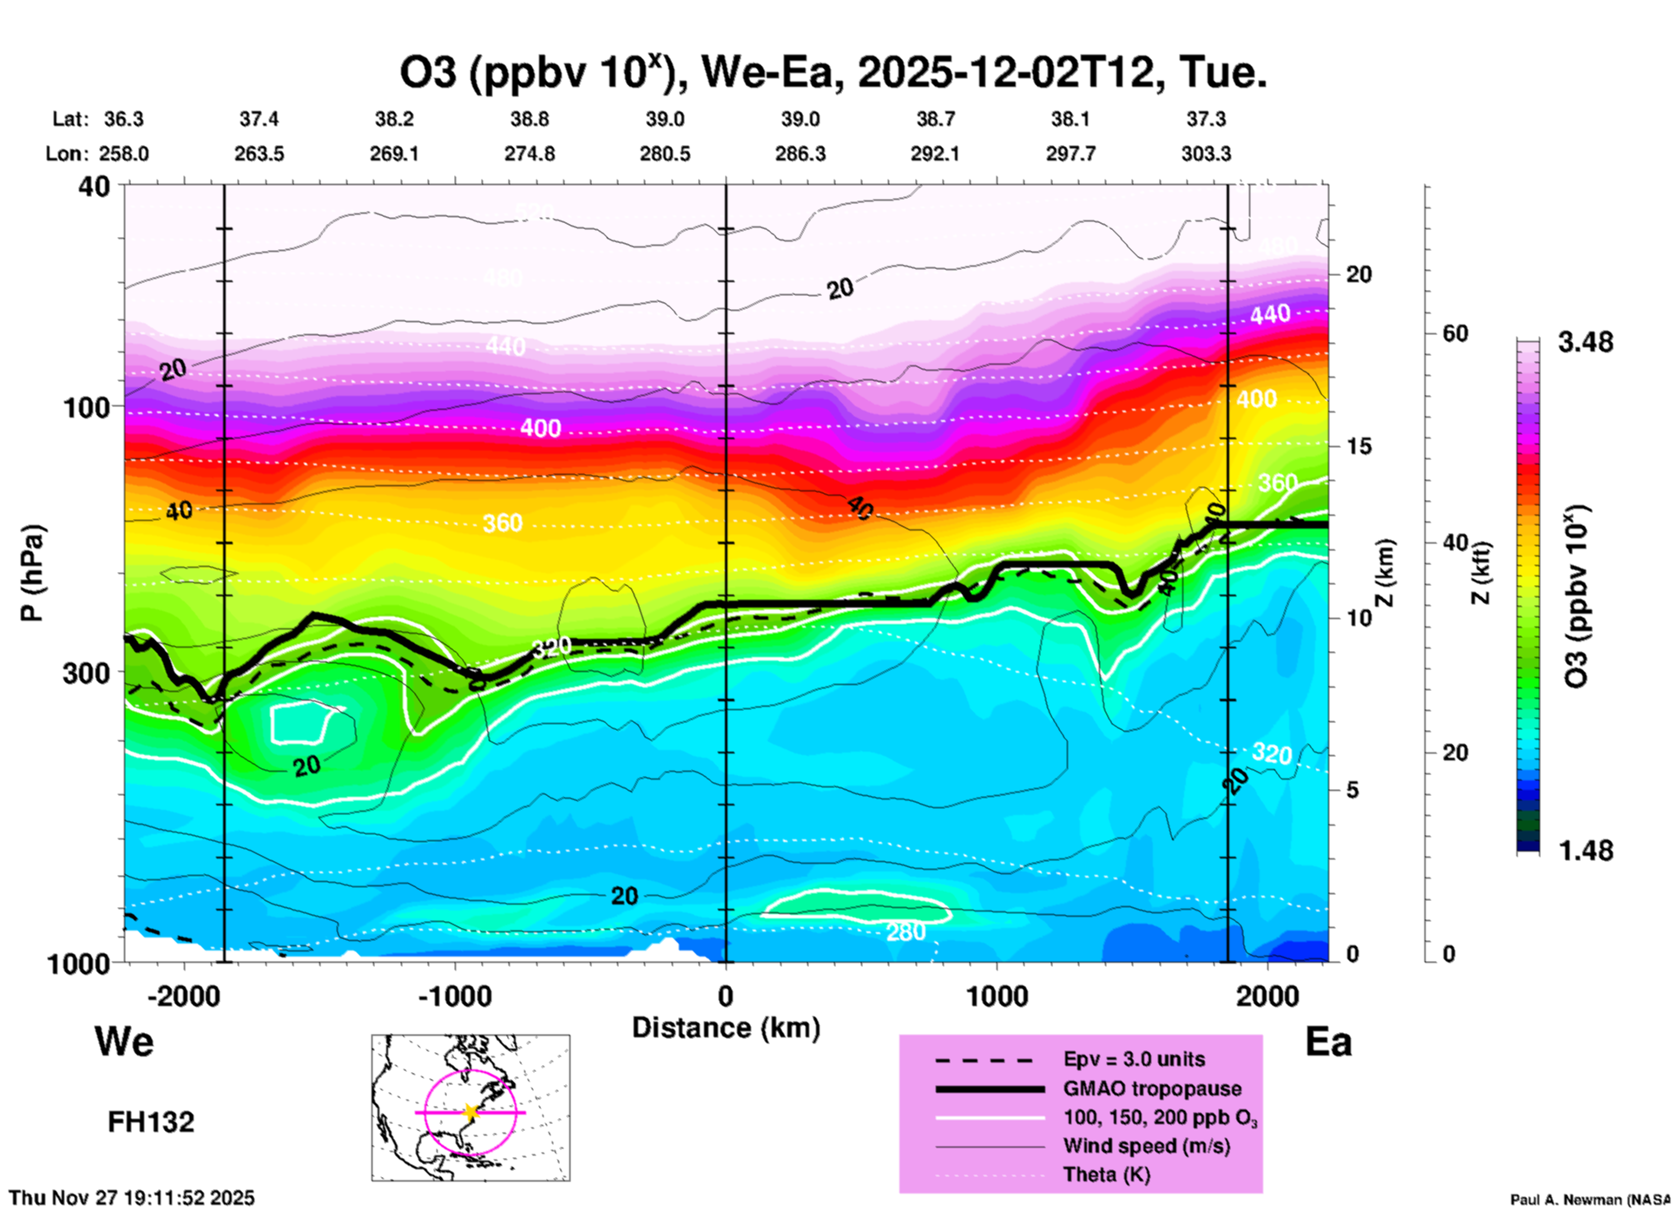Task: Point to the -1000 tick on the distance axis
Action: [454, 996]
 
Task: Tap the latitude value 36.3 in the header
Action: [124, 119]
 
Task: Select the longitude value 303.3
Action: [1206, 154]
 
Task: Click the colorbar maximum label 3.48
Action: [1585, 342]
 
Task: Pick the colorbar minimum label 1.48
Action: [1585, 850]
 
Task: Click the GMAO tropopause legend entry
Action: [1152, 1088]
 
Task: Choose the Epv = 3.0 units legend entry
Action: [1134, 1059]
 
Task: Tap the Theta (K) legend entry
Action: [1106, 1175]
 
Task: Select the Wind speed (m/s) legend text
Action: [1146, 1146]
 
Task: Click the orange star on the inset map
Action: [471, 1112]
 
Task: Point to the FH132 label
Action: [151, 1122]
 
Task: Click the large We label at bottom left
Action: [124, 1041]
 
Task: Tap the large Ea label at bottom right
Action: [1328, 1042]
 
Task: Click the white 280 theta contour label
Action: [905, 932]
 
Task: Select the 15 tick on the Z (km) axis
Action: [1358, 446]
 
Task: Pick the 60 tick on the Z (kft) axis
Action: [1455, 333]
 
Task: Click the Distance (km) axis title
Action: [726, 1028]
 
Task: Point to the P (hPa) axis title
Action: [32, 573]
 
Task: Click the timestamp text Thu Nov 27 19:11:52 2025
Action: [132, 1198]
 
